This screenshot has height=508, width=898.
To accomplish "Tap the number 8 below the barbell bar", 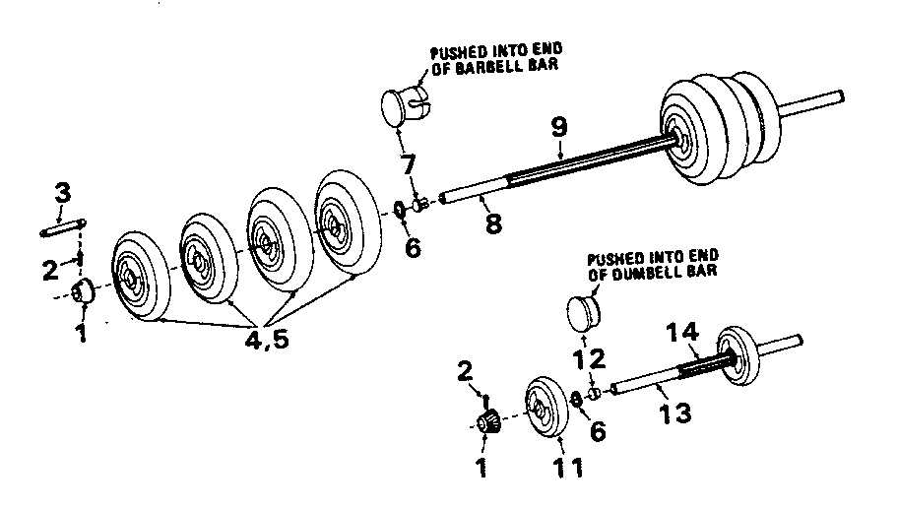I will [493, 223].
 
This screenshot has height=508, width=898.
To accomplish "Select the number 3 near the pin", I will [62, 194].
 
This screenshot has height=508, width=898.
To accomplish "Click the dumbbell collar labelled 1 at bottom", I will [487, 423].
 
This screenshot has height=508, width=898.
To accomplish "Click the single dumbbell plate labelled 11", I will [547, 406].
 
